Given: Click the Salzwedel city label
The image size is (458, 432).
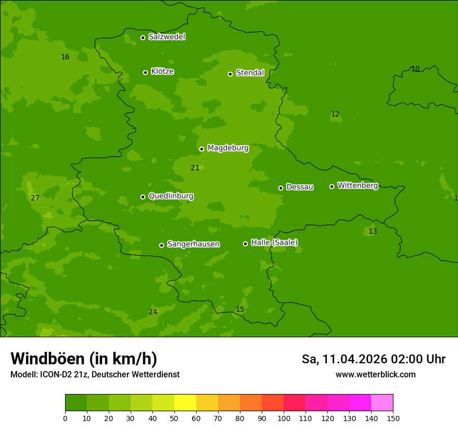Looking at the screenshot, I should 167,37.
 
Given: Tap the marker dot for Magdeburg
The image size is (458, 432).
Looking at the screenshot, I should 201,149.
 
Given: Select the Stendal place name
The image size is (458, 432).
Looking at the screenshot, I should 250,73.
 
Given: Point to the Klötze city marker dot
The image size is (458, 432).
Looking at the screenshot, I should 145,72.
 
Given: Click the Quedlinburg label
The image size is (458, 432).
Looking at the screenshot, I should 171,196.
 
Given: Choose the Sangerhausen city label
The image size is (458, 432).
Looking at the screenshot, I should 193,244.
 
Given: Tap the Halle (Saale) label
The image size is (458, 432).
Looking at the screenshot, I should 274,243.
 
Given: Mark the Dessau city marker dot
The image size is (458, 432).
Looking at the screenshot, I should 281,188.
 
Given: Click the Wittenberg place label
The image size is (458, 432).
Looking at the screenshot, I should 358,185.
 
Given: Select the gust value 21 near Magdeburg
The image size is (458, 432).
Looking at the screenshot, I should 195,168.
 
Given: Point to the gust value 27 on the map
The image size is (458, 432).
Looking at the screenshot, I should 35,198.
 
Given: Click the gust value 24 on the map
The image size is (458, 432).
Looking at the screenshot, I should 152,312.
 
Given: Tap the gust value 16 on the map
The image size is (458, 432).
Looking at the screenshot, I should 65,57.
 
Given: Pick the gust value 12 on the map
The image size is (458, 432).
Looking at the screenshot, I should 335,114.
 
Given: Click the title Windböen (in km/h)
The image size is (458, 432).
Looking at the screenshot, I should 84,359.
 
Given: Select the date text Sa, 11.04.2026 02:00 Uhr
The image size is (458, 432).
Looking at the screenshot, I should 373,359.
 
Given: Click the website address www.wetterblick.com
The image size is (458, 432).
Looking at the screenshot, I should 375,375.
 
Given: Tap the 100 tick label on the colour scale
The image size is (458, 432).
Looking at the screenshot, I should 284,418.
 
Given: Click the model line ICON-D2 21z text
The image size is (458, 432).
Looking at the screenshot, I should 95,375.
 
